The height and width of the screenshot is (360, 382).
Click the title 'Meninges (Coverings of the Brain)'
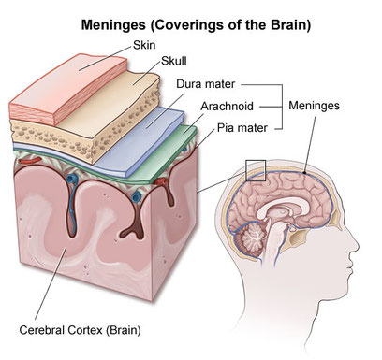click(190, 19)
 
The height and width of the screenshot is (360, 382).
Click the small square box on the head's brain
click(255, 171)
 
